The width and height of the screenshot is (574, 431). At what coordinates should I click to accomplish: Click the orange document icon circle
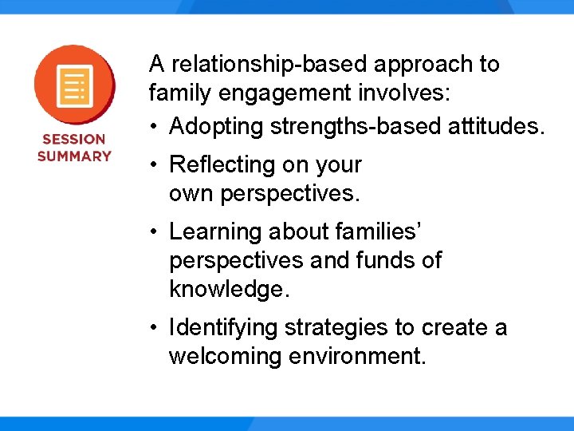click(74, 84)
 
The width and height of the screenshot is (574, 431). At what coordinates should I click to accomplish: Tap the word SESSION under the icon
click(74, 139)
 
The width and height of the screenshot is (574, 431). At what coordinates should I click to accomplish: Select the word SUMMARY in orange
click(74, 156)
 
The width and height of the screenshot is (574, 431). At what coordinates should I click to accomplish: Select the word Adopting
click(216, 126)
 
